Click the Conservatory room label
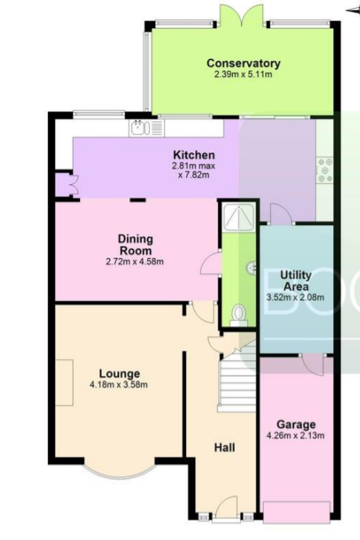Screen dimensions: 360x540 click(243, 63)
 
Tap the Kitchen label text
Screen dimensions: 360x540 click(194, 155)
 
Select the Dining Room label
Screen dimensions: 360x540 click(135, 245)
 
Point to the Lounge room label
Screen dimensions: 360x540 click(119, 374)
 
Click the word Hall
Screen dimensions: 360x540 click(224, 448)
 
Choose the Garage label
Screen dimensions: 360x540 click(296, 425)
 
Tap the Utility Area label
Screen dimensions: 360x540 click(296, 281)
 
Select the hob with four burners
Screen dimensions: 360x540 click(325, 170)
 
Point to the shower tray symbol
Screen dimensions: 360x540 click(238, 217)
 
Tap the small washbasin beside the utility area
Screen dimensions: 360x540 click(252, 267)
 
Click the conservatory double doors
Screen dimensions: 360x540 click(243, 16)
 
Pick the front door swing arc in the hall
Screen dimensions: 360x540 click(227, 505)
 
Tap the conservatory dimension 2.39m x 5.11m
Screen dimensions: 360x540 click(243, 74)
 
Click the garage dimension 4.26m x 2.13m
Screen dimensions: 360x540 click(296, 436)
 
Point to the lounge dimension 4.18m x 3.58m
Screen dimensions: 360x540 click(119, 385)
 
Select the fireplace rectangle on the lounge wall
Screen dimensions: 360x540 click(64, 382)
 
